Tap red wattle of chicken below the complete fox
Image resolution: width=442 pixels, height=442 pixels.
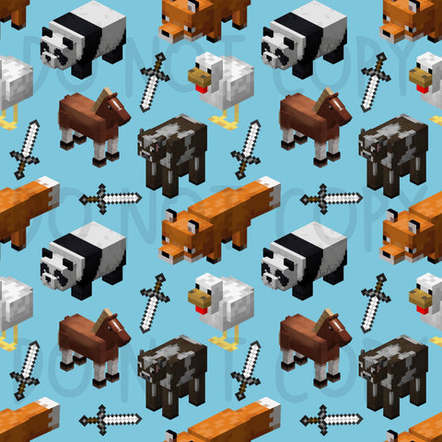point(201,309)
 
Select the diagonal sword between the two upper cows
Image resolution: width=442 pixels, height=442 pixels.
point(246,150)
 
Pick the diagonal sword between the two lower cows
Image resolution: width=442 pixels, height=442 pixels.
point(246,371)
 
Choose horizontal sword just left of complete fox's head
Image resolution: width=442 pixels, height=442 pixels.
point(110,199)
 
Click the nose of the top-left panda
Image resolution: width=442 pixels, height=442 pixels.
point(48,58)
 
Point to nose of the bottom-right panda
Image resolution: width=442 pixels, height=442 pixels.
point(269,279)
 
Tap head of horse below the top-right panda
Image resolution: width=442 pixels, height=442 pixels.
point(337,108)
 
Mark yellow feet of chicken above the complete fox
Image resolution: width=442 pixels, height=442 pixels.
point(225,119)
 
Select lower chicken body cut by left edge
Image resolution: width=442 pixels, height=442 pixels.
point(16,303)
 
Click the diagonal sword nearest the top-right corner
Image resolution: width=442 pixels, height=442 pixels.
point(376,82)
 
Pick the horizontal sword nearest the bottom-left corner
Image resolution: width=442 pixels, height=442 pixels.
point(110,420)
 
